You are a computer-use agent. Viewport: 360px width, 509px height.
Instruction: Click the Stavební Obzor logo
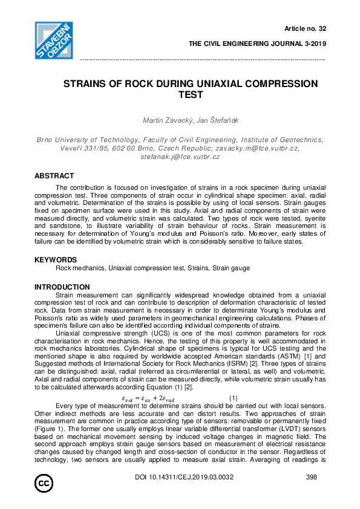tap(54, 41)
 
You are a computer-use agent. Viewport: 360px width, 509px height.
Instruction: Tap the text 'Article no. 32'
tap(305, 28)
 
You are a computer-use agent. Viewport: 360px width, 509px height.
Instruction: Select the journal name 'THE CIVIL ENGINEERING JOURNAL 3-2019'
tap(257, 44)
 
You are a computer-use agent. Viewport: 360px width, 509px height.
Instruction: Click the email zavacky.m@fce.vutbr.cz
tap(269, 148)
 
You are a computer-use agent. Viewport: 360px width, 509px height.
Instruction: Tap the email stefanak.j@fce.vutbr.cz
tap(180, 156)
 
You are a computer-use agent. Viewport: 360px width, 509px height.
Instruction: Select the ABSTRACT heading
tap(54, 176)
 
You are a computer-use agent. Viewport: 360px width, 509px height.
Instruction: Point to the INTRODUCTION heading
tap(62, 287)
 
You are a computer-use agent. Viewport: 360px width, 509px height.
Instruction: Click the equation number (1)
tap(233, 397)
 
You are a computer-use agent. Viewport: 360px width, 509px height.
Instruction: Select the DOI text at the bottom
tap(184, 478)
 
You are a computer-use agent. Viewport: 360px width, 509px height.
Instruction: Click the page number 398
tap(312, 478)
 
